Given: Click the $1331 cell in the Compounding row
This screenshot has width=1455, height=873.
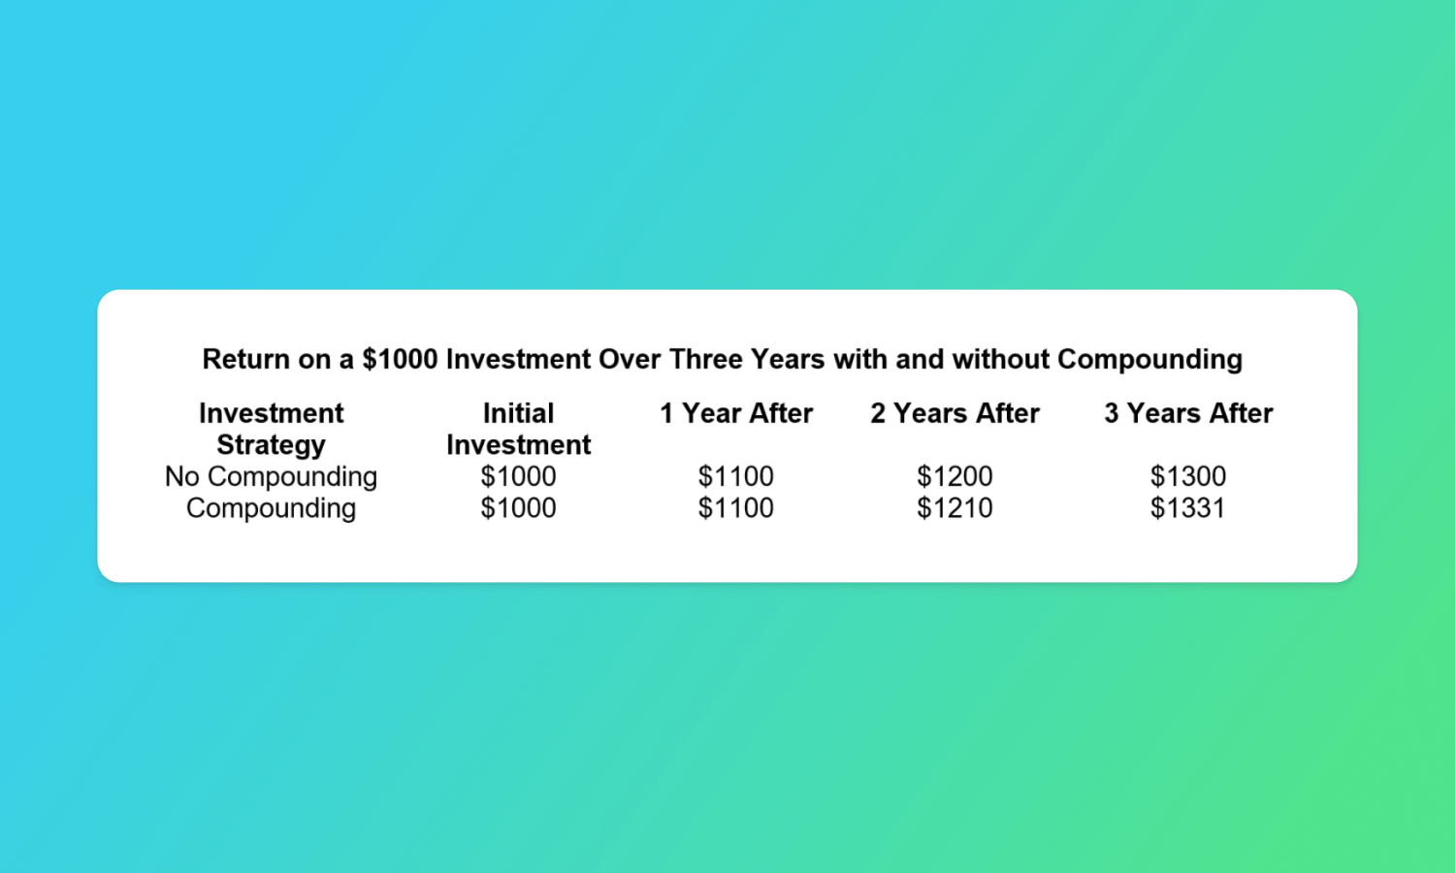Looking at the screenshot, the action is click(1188, 508).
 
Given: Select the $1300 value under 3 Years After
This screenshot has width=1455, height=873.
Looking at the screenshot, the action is click(1188, 476).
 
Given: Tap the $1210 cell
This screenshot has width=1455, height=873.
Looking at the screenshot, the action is click(954, 508).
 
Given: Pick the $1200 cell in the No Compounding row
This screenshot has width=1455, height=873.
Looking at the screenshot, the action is click(954, 476).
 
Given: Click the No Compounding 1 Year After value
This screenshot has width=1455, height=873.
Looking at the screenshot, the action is click(736, 476).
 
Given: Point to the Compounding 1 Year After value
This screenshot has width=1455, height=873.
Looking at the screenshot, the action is click(736, 508).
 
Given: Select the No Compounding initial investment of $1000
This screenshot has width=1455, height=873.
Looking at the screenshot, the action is click(518, 476).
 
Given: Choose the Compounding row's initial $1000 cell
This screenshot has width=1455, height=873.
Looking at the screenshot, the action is click(518, 508).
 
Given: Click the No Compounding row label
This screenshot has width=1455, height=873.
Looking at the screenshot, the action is click(271, 477).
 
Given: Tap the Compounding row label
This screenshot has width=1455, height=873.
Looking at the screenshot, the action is click(271, 508).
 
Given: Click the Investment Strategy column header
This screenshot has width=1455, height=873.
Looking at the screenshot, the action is click(271, 429).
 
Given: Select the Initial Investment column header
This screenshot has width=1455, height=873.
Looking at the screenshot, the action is click(518, 429).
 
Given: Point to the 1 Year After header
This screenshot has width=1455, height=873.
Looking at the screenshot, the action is click(736, 413).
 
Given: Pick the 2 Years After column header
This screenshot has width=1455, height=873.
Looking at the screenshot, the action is click(954, 413).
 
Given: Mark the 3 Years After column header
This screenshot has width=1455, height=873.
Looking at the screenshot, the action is click(1188, 413).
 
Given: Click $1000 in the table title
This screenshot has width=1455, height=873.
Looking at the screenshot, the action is click(400, 359).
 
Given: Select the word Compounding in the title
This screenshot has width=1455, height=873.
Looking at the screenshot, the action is click(1149, 360).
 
